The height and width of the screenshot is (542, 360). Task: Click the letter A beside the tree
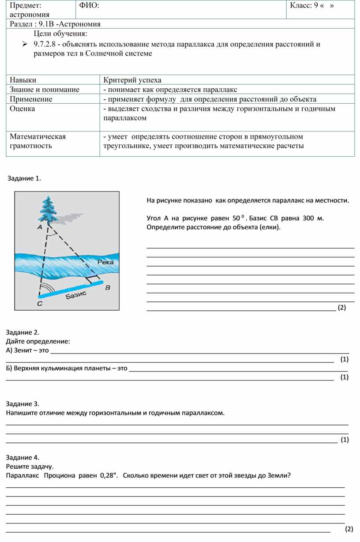[x=39, y=227]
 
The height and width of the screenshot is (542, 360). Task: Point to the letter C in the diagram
[x=39, y=304]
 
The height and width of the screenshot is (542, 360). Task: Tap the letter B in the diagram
[x=107, y=287]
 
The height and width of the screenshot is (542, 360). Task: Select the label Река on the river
[x=105, y=262]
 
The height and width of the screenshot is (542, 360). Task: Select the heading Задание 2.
[x=22, y=332]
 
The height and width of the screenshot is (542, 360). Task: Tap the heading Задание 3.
[x=22, y=404]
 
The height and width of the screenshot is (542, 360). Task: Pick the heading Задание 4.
[x=22, y=457]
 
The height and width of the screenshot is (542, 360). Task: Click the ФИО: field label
[x=89, y=5]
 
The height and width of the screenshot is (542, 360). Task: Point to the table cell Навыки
[x=23, y=80]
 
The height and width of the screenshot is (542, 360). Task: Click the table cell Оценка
[x=22, y=109]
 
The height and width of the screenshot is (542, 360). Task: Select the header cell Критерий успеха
[x=132, y=80]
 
